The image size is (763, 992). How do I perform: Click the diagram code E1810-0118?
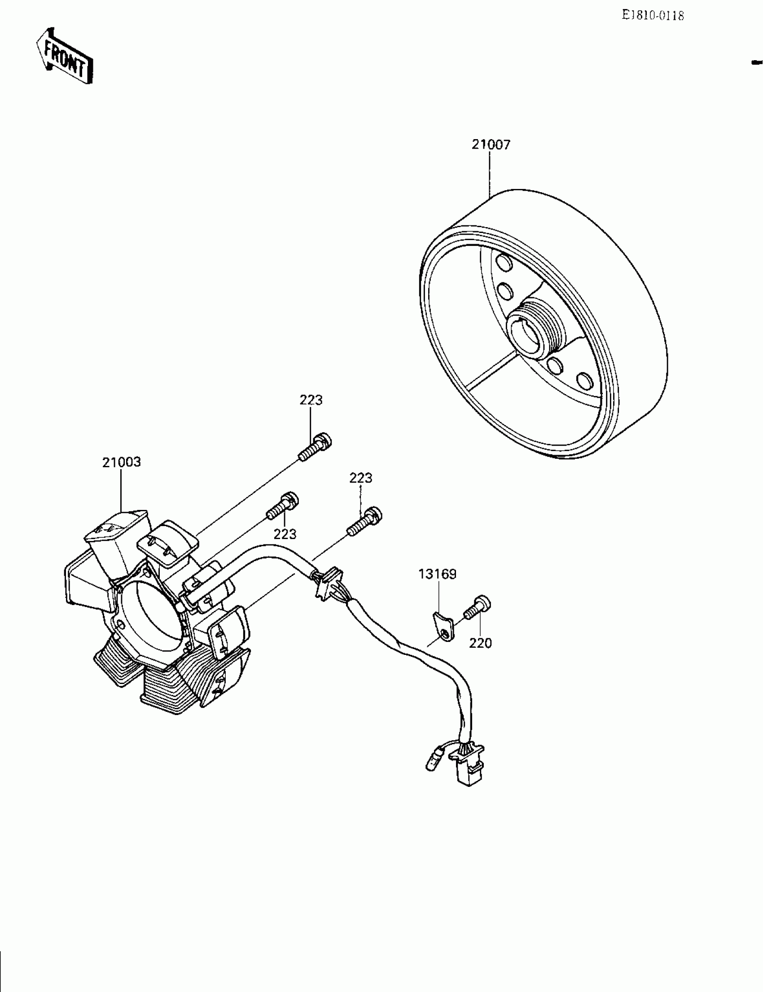pos(653,16)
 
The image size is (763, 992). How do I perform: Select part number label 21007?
pos(491,145)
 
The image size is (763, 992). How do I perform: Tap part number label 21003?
pos(121,462)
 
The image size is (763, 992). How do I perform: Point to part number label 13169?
pos(437,574)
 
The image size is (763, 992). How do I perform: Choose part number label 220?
pos(480,643)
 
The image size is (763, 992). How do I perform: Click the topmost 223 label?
pos(311,400)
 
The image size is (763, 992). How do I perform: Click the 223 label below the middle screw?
pos(285,534)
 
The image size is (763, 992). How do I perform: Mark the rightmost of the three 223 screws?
pos(365,522)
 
